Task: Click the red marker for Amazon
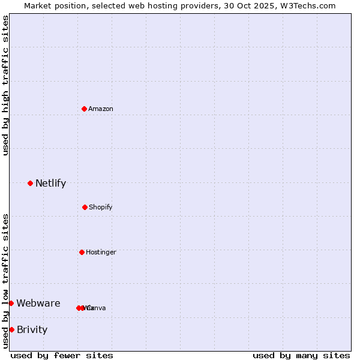click(x=84, y=109)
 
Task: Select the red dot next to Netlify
click(x=30, y=183)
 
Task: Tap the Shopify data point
click(x=85, y=207)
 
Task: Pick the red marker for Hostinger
click(x=82, y=252)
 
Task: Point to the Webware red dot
click(x=11, y=303)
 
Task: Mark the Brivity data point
click(x=11, y=329)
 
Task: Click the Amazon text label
click(x=101, y=109)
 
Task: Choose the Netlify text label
click(x=50, y=184)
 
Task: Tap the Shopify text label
click(x=101, y=208)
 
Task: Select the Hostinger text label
click(x=101, y=253)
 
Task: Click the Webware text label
click(x=38, y=304)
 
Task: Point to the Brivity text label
click(x=32, y=330)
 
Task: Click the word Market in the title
click(x=38, y=6)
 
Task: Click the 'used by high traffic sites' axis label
click(x=6, y=85)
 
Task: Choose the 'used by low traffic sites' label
click(x=6, y=281)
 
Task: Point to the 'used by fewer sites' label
click(x=62, y=356)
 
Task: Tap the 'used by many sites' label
click(x=301, y=356)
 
